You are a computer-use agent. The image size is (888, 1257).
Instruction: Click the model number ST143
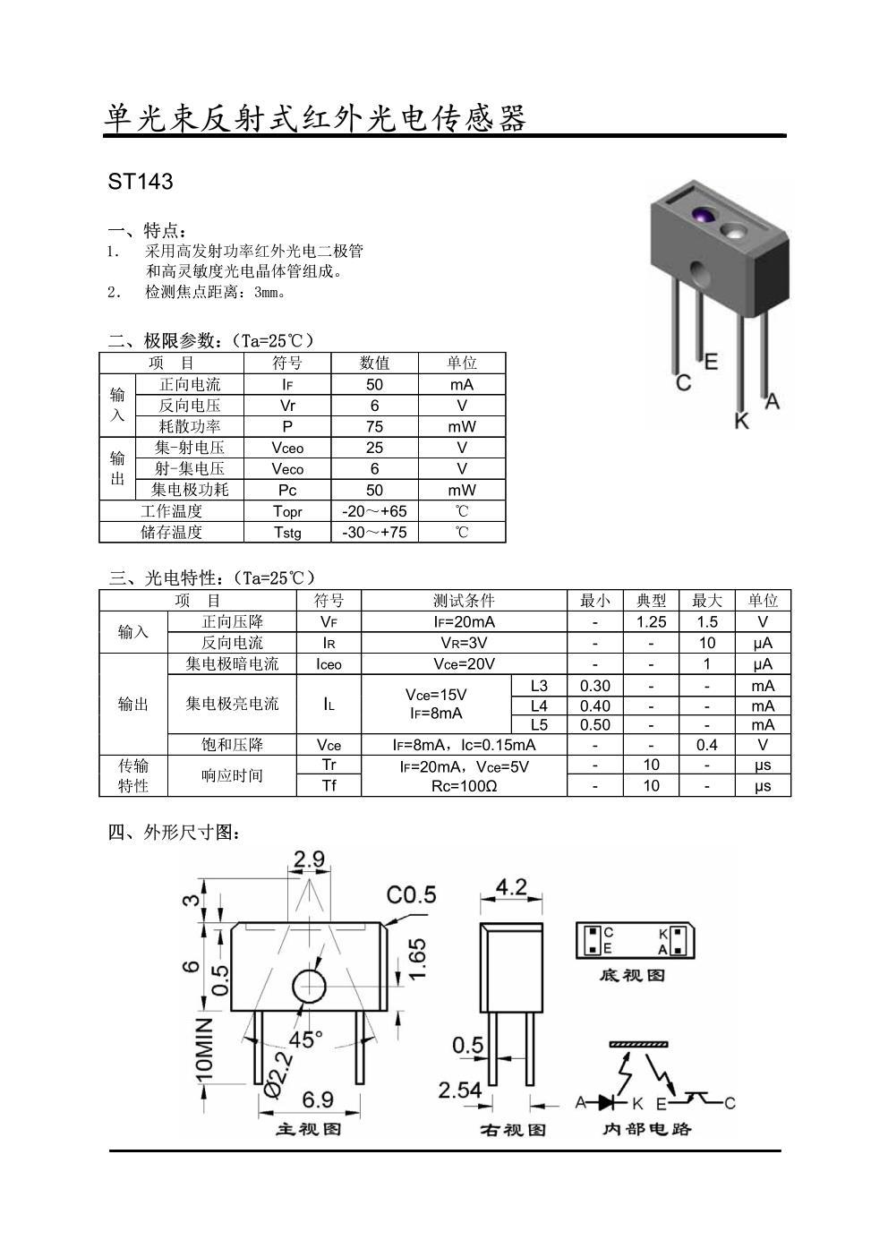point(140,182)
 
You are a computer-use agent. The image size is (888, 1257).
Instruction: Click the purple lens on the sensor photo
point(703,217)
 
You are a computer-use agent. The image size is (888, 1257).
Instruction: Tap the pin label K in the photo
point(741,420)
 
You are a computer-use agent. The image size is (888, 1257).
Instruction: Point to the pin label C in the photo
point(684,382)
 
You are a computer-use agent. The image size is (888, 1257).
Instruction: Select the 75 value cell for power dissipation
point(374,426)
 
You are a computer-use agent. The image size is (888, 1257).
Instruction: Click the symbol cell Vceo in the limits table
point(287,448)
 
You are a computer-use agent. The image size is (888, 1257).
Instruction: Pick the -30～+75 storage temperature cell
point(374,532)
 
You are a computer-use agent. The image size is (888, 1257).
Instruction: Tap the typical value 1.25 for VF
point(651,621)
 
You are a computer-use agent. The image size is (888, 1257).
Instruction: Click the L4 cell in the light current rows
point(539,705)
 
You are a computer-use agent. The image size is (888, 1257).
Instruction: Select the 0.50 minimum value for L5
point(595,725)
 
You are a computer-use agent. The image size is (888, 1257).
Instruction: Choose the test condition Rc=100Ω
point(464,786)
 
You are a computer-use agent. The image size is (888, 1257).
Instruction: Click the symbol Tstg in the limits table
point(287,532)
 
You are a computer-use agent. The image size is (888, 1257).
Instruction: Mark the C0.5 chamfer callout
point(411,894)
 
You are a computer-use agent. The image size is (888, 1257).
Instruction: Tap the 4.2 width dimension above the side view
point(511,887)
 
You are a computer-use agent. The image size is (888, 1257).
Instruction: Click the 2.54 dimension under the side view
point(460,1090)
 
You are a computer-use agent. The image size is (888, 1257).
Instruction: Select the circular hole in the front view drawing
point(310,986)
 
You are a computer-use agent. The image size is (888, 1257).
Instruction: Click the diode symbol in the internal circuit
point(613,1101)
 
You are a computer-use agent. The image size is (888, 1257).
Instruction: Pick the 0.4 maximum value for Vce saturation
point(707,745)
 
